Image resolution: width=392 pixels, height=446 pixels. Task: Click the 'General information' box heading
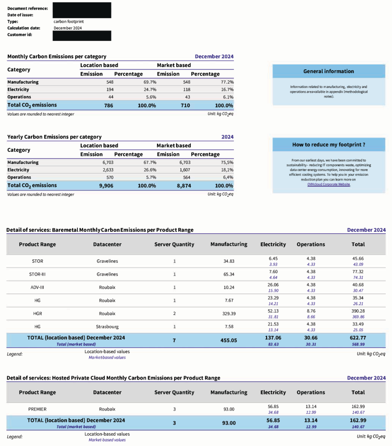[x=328, y=71]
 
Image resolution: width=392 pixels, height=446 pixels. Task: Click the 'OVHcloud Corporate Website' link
[x=328, y=184]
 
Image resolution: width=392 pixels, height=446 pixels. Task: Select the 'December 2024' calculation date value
[x=67, y=28]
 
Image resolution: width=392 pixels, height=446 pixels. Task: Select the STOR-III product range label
[x=37, y=275]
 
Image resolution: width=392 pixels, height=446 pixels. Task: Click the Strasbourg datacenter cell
[x=107, y=327]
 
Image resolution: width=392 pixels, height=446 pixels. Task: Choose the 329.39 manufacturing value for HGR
[x=228, y=313]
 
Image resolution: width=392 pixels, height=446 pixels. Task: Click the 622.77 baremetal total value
[x=358, y=338]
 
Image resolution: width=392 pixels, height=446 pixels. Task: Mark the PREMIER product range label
[x=37, y=409]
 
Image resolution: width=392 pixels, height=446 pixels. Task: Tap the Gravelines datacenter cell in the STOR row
[x=107, y=261]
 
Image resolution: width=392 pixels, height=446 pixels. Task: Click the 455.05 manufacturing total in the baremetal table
[x=228, y=340]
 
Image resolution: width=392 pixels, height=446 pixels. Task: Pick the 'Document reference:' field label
[x=28, y=9]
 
